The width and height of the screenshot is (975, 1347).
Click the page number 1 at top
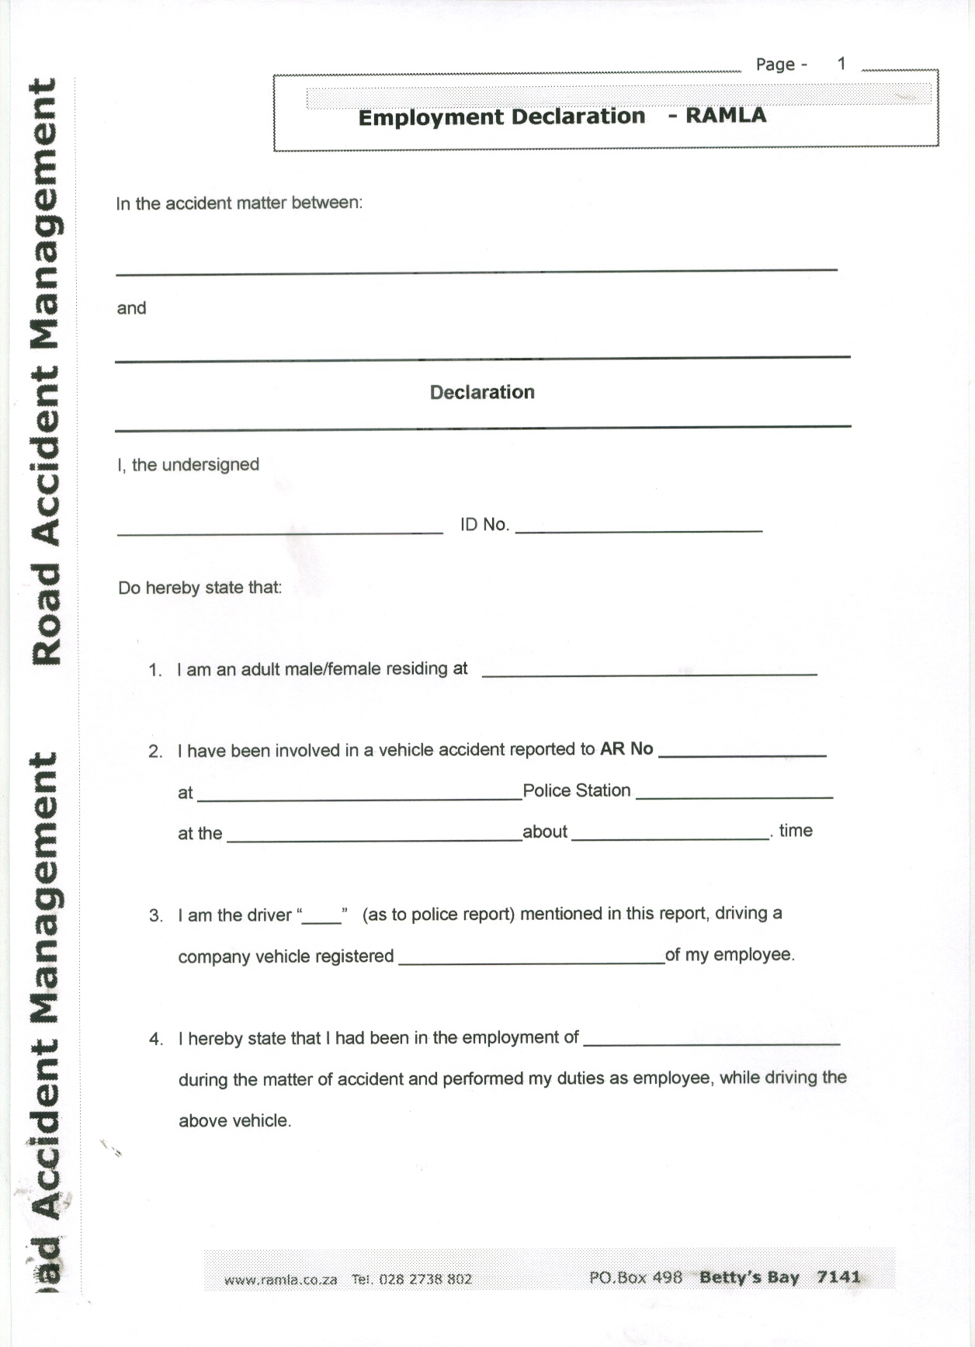coord(841,64)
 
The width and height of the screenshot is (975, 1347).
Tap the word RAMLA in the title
coord(726,116)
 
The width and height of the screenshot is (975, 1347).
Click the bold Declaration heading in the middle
coord(482,392)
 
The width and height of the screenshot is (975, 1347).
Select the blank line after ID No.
coord(639,529)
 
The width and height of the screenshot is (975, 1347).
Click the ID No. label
coord(484,525)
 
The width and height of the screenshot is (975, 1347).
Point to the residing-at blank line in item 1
coord(649,673)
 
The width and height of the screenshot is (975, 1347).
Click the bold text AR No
coord(626,748)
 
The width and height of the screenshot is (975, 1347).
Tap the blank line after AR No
coord(742,754)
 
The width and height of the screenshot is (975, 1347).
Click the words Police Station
coord(576,790)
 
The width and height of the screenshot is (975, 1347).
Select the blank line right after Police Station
coord(734,796)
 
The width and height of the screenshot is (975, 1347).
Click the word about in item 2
coord(545,831)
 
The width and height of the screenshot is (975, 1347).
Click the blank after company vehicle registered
coord(531,961)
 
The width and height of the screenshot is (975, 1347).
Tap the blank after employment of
coord(711,1043)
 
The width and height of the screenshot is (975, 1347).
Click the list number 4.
coord(155,1039)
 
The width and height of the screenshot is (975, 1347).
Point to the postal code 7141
coord(838,1276)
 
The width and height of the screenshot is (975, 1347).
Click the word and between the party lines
coord(131,308)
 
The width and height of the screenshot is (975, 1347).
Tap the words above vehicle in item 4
coord(234,1120)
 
